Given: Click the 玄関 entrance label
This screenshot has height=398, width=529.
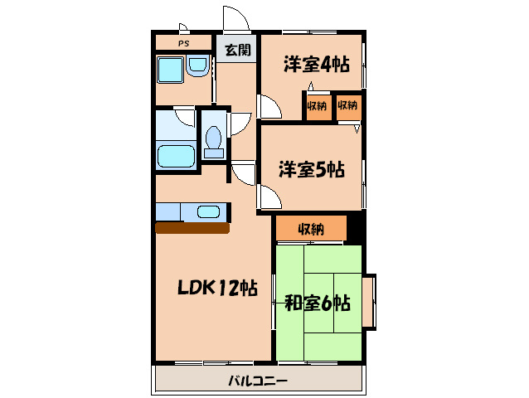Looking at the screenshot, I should pos(238,50).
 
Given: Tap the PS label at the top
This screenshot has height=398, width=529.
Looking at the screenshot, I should pos(182,43).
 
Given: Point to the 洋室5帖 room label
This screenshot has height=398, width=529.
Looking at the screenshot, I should pos(311,170).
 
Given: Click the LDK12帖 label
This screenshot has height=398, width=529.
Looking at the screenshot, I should pos(216,288).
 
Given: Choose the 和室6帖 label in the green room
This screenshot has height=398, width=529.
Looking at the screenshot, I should pos(318,303).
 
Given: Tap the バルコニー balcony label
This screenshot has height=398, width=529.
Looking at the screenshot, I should pos(258,381).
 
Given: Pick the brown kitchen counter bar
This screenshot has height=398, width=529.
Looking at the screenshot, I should pos(192,228).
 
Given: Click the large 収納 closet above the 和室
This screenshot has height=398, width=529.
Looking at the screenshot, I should pos(311,229).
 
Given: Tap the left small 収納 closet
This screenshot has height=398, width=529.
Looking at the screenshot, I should pos(317,106).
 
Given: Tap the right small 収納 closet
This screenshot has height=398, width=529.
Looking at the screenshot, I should pos(347,106).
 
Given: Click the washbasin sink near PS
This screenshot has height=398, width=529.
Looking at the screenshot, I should pos(198,66).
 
